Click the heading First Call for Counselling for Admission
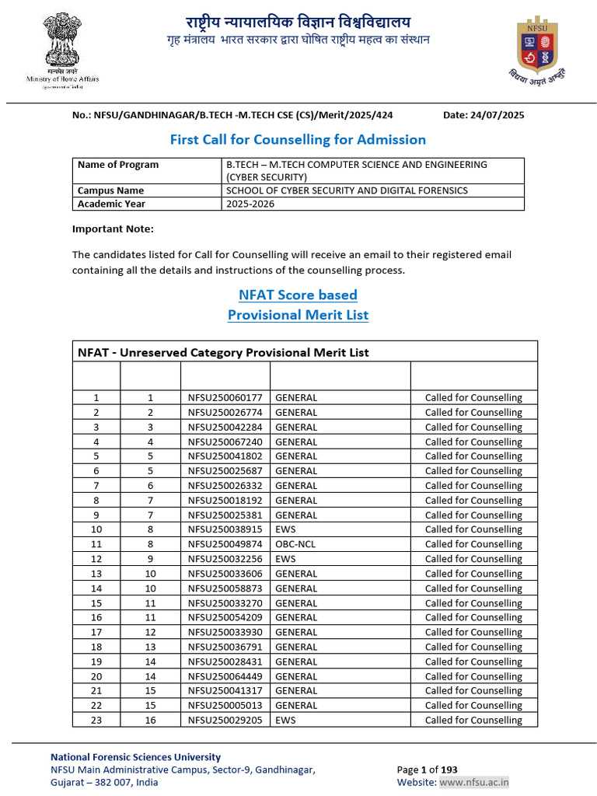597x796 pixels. (x=298, y=140)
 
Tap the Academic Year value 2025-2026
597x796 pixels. (x=250, y=204)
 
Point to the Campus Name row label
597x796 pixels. (x=110, y=190)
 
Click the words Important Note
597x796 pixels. (x=113, y=229)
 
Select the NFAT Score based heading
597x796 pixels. (x=298, y=295)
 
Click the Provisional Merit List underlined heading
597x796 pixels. (x=298, y=315)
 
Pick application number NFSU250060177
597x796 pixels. (x=225, y=398)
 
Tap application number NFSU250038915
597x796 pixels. (x=225, y=529)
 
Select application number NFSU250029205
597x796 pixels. (x=225, y=721)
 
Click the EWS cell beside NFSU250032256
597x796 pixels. (x=285, y=559)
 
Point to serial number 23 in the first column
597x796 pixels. (x=96, y=721)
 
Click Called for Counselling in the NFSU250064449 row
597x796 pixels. (x=473, y=676)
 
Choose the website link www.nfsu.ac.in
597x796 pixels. (x=474, y=783)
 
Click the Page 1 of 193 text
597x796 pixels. (x=427, y=770)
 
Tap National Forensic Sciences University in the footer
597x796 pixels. (x=135, y=757)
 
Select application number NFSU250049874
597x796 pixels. (x=225, y=544)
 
